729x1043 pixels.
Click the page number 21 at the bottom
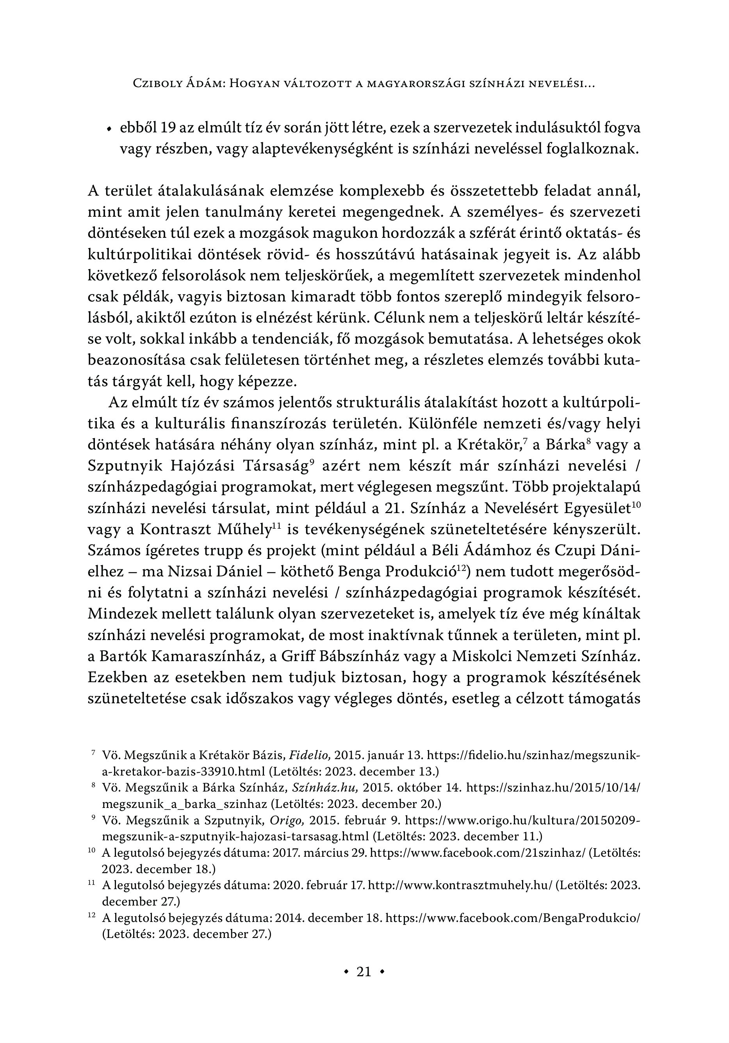[364, 972]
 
